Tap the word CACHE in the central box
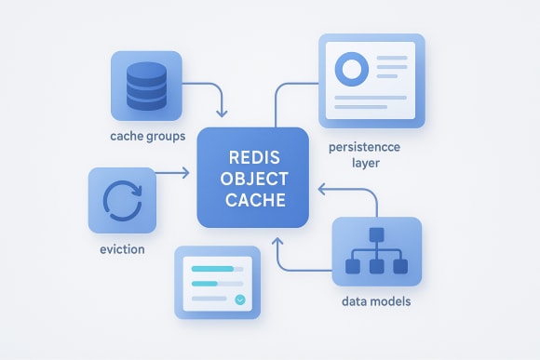pos(253,199)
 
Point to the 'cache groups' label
pos(148,136)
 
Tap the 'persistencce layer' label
pos(364,155)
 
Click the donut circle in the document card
pos(351,69)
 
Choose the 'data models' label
pos(376,302)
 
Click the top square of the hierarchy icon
pos(376,233)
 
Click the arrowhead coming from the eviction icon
pos(188,172)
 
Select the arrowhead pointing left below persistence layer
pos(320,190)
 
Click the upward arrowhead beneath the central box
pos(277,242)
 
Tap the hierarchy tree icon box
pos(376,251)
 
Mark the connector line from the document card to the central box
pos(277,102)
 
